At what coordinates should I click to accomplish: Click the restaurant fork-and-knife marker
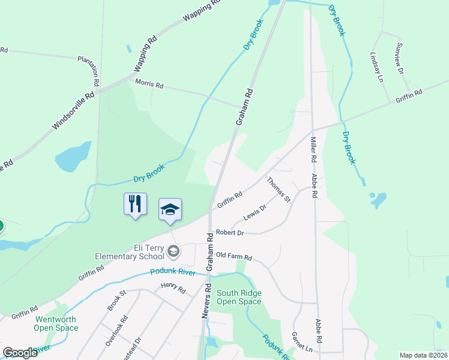135,204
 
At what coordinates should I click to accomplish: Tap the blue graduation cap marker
170,210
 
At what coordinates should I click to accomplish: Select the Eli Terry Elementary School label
130,252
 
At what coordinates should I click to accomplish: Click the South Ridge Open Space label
239,297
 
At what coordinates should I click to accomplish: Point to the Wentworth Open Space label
56,323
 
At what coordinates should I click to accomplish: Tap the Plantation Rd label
97,59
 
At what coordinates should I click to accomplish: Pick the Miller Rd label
313,150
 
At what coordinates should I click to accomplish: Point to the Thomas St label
279,190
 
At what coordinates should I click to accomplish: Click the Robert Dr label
230,232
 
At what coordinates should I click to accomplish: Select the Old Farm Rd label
234,256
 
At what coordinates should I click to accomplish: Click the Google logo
20,352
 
